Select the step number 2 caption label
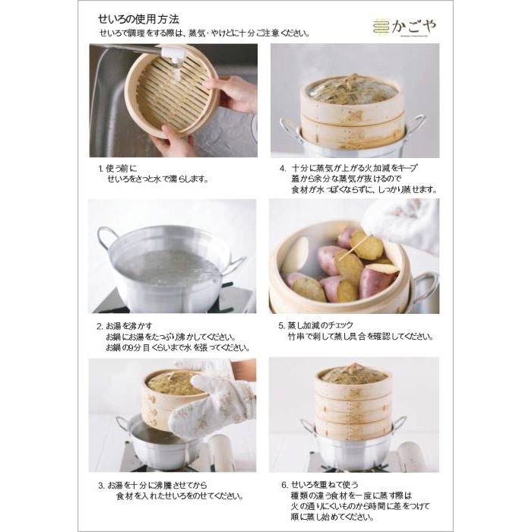pos(100,326)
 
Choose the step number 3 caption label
pos(100,484)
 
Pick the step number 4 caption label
pos(282,168)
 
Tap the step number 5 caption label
pos(282,326)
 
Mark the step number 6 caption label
pos(282,484)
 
